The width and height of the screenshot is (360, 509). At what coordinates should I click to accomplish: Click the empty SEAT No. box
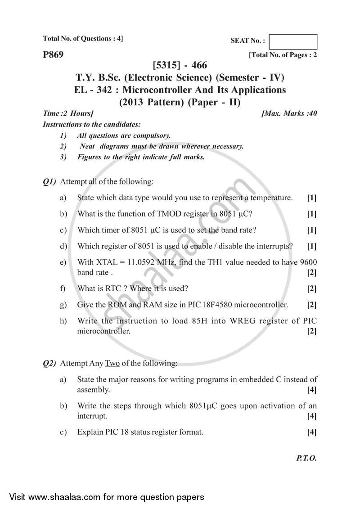[295, 41]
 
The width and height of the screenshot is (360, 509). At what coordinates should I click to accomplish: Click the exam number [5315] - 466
[180, 66]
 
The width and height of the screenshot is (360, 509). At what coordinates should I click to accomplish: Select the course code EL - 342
[92, 90]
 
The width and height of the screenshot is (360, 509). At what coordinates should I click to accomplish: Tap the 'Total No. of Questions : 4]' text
[82, 39]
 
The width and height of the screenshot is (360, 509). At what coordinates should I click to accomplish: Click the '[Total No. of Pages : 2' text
[283, 55]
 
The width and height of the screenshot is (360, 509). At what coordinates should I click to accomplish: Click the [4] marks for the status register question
[311, 432]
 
